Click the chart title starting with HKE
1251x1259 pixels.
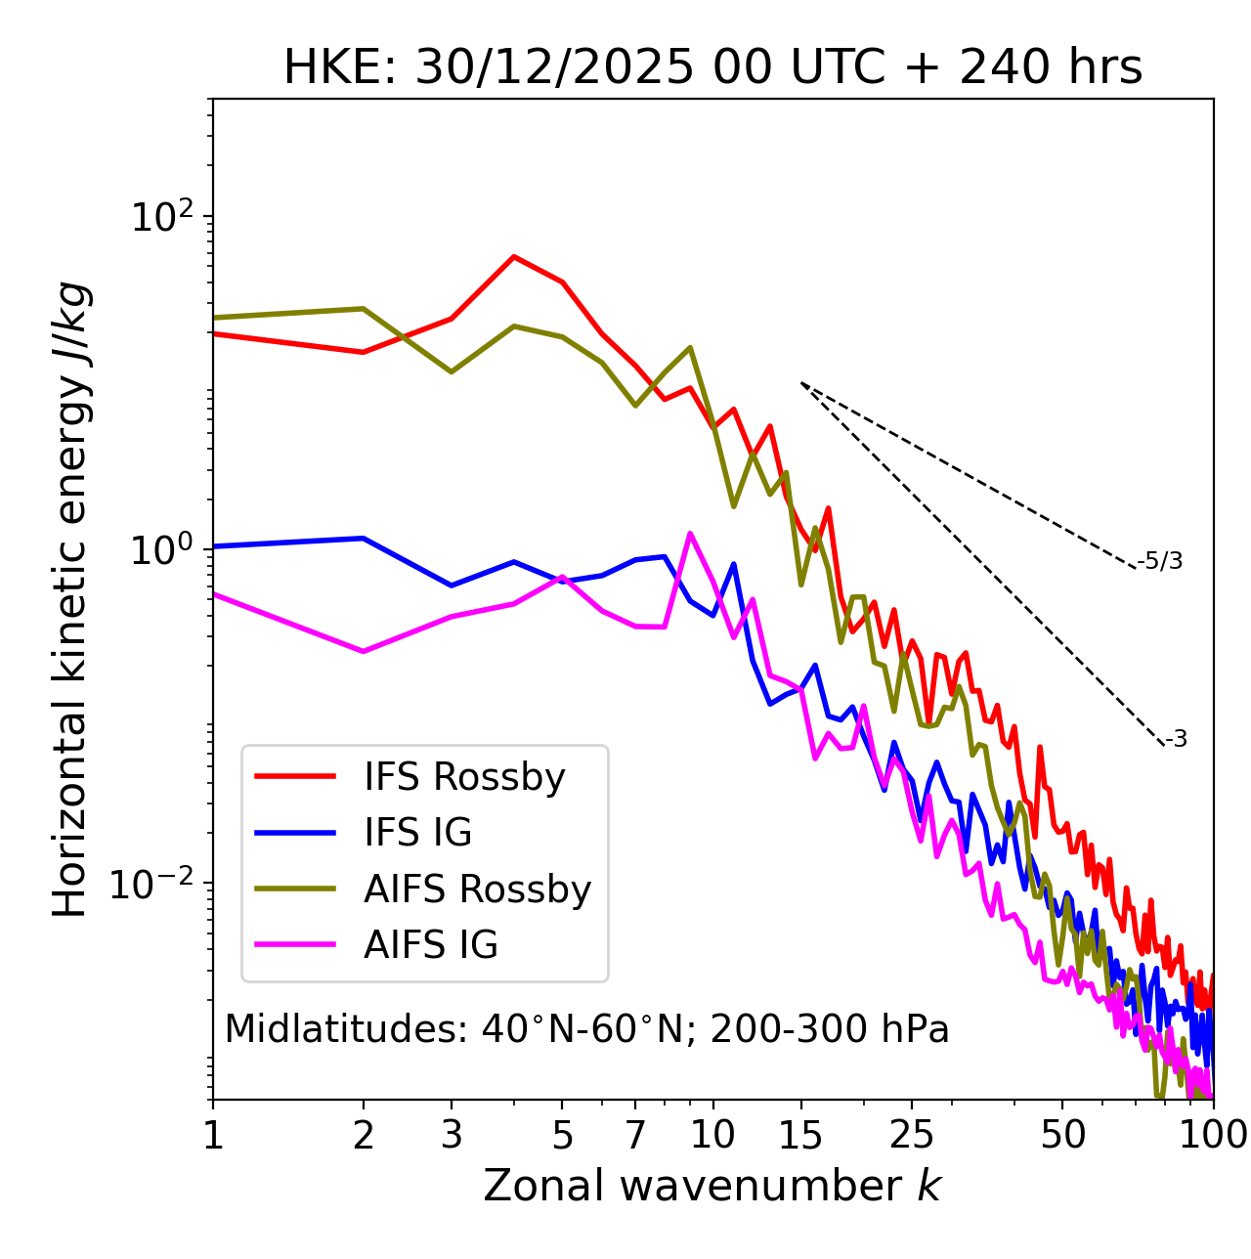tap(712, 68)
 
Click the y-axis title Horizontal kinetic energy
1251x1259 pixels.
tap(70, 599)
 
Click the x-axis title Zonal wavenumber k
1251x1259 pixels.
tap(712, 1186)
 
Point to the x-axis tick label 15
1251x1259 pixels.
tap(800, 1135)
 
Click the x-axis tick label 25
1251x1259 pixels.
tap(912, 1135)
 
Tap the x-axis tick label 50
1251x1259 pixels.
tap(1062, 1135)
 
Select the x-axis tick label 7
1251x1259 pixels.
tap(635, 1135)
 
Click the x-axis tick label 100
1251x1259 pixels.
tap(1212, 1135)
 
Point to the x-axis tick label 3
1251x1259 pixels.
tap(451, 1135)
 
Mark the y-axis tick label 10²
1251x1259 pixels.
tap(162, 217)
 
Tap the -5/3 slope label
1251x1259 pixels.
tap(1160, 561)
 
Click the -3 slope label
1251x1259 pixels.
tap(1176, 740)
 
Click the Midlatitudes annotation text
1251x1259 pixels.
tap(586, 1029)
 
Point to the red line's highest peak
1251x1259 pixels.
tap(514, 257)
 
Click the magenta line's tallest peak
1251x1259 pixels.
tap(690, 534)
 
